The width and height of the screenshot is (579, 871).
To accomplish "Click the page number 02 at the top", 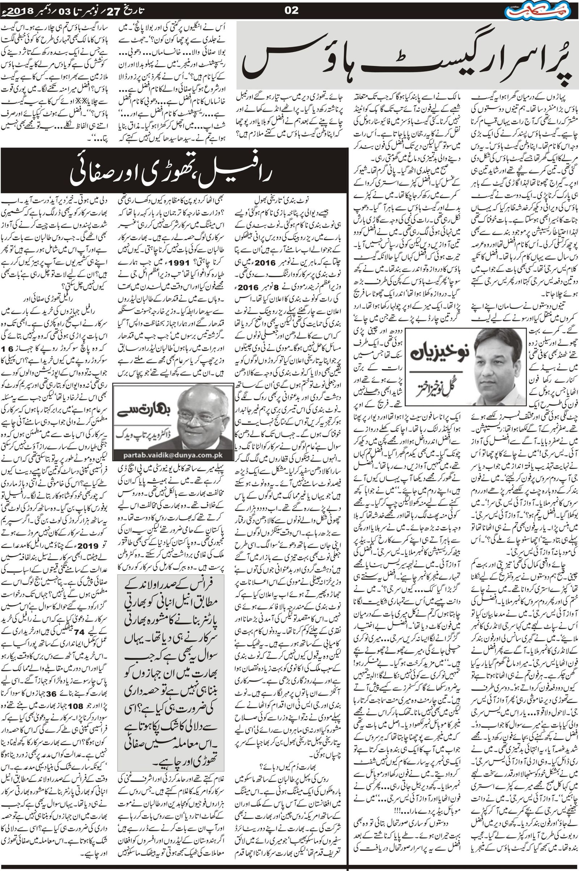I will (291, 10).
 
